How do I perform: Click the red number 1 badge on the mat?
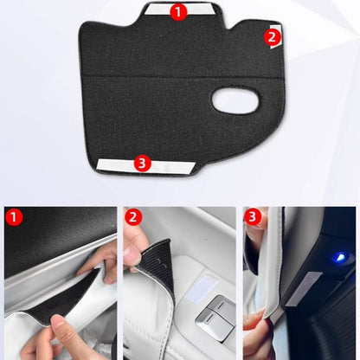coord(177,12)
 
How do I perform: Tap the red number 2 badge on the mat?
coord(271,37)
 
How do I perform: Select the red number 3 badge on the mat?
coord(143,161)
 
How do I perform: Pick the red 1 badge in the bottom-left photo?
coord(14,217)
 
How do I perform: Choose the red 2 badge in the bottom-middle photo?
coord(133,217)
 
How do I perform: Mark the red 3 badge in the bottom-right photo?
coord(253,217)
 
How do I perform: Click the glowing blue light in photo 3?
coord(339,258)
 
